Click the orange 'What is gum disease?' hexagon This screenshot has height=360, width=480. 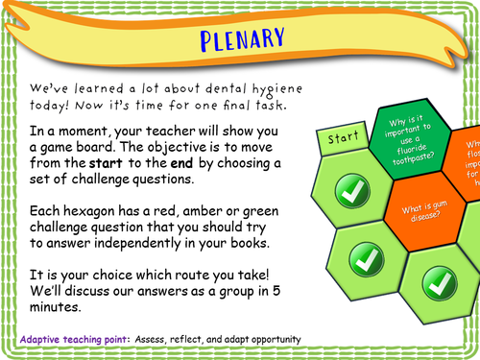point(423,212)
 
